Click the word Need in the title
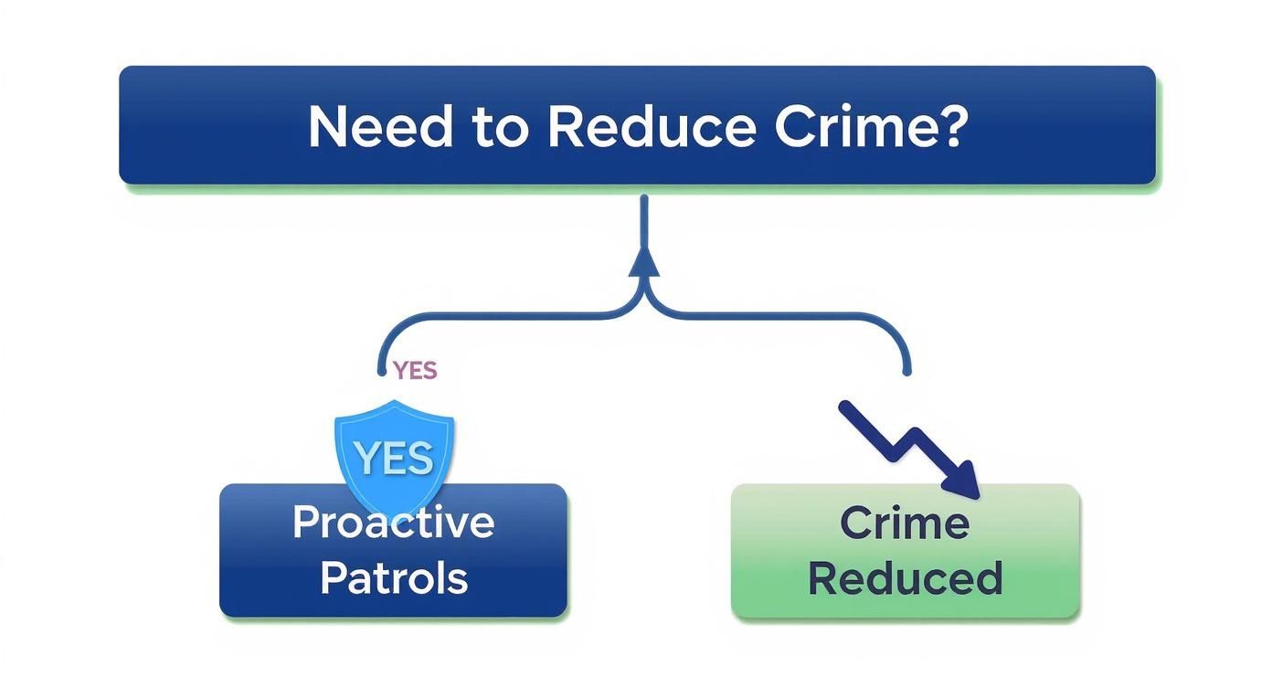(380, 127)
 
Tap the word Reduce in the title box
(651, 127)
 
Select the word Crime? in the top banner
(869, 127)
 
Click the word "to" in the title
(500, 128)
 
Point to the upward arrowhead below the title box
(645, 263)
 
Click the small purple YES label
(415, 370)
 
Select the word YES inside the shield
(394, 457)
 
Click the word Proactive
(393, 523)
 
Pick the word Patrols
(394, 578)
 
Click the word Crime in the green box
(904, 523)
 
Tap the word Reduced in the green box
(905, 578)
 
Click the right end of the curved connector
(906, 370)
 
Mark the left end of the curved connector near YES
(381, 370)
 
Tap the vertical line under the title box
(645, 219)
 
